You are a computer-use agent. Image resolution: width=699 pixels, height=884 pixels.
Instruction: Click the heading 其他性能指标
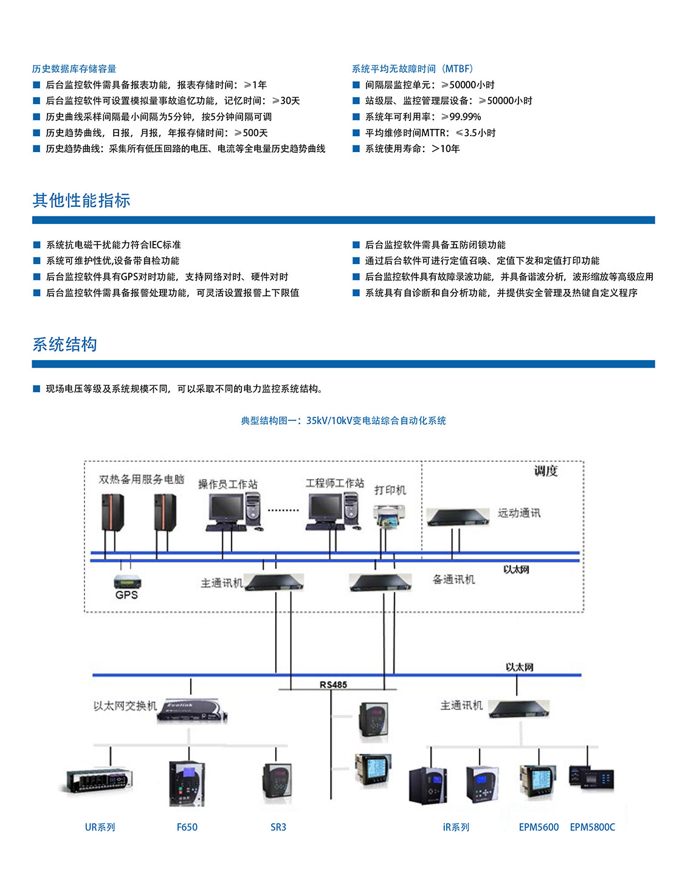(x=81, y=200)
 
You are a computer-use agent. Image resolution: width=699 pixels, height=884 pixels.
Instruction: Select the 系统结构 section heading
(x=65, y=344)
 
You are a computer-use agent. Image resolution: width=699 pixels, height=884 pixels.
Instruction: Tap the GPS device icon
(x=127, y=582)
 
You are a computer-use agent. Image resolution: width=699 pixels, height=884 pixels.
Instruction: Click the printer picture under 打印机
(x=388, y=516)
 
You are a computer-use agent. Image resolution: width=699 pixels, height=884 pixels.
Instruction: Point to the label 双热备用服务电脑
(x=142, y=479)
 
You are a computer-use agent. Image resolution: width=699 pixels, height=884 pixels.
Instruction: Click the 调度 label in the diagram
(x=545, y=471)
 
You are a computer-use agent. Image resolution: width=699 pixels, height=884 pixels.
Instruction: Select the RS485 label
(x=333, y=684)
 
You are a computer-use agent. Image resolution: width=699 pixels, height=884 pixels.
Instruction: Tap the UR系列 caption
(x=100, y=827)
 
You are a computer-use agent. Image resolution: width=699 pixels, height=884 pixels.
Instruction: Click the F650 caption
(x=187, y=827)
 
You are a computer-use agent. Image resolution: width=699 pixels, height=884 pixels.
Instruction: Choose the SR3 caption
(x=278, y=827)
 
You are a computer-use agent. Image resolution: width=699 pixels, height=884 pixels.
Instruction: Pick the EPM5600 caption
(x=539, y=827)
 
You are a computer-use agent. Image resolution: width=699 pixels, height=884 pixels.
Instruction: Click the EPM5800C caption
(x=592, y=827)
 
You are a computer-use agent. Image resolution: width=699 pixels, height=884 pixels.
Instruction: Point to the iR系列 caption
(x=456, y=827)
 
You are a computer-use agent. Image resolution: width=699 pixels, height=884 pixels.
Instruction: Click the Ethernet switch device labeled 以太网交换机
(x=191, y=710)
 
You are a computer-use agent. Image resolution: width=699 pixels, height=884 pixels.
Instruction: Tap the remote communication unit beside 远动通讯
(x=458, y=517)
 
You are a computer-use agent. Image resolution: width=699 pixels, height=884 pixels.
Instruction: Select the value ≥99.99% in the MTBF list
(x=461, y=117)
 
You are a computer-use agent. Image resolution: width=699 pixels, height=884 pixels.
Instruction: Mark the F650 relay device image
(x=187, y=784)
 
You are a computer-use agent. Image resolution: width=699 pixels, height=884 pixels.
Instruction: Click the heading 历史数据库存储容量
(x=74, y=69)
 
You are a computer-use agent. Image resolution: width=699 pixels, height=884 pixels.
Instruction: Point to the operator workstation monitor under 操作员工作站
(x=226, y=508)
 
